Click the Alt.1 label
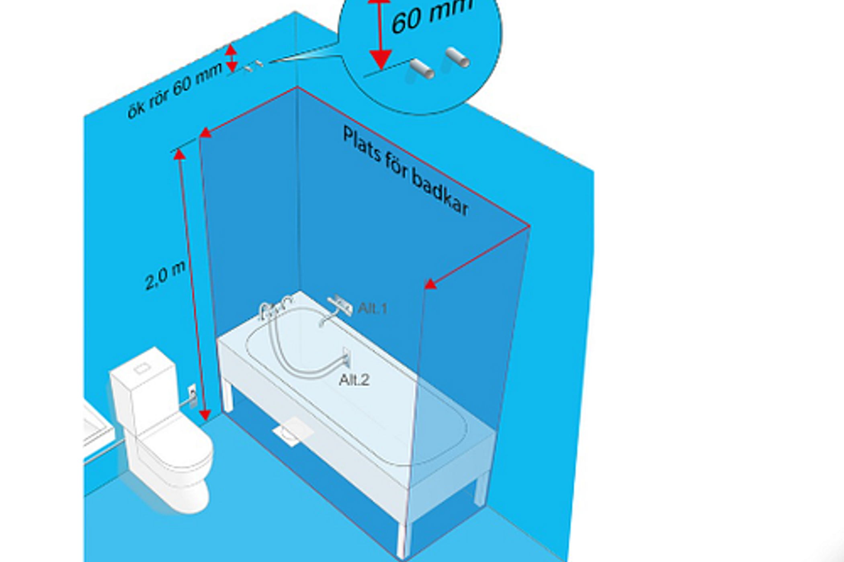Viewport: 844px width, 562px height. click(372, 308)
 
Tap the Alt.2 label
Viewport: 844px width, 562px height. click(354, 380)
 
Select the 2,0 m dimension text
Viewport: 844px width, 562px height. click(165, 275)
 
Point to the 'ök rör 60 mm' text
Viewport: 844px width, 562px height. click(175, 91)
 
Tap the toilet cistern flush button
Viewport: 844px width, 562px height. click(142, 368)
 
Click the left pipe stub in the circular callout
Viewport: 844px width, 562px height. click(422, 69)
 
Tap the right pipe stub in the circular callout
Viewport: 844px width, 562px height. click(458, 57)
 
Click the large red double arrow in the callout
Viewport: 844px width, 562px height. click(380, 34)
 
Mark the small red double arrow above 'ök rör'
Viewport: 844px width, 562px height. click(231, 58)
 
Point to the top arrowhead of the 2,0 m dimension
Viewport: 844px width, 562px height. click(179, 154)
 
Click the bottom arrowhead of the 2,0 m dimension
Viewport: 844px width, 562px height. click(205, 415)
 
